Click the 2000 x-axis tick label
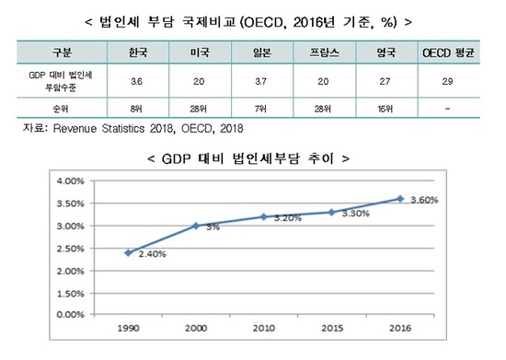196,327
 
